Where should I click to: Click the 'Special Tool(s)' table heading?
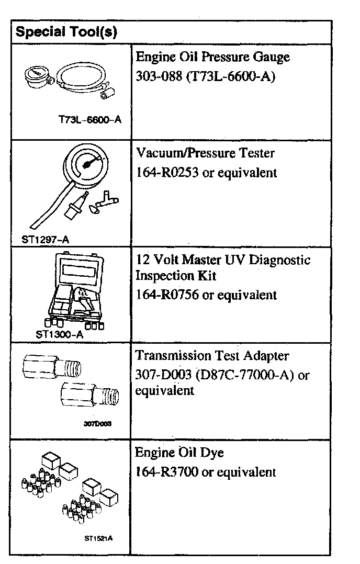point(66,32)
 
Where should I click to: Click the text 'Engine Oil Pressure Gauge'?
point(212,57)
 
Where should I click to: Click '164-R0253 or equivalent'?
point(206,172)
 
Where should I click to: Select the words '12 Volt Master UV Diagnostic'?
point(223,260)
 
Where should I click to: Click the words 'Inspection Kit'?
point(175,275)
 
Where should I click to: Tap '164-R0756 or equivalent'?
point(206,295)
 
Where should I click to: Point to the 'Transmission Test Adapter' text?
point(212,356)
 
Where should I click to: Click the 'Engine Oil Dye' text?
point(175,453)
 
